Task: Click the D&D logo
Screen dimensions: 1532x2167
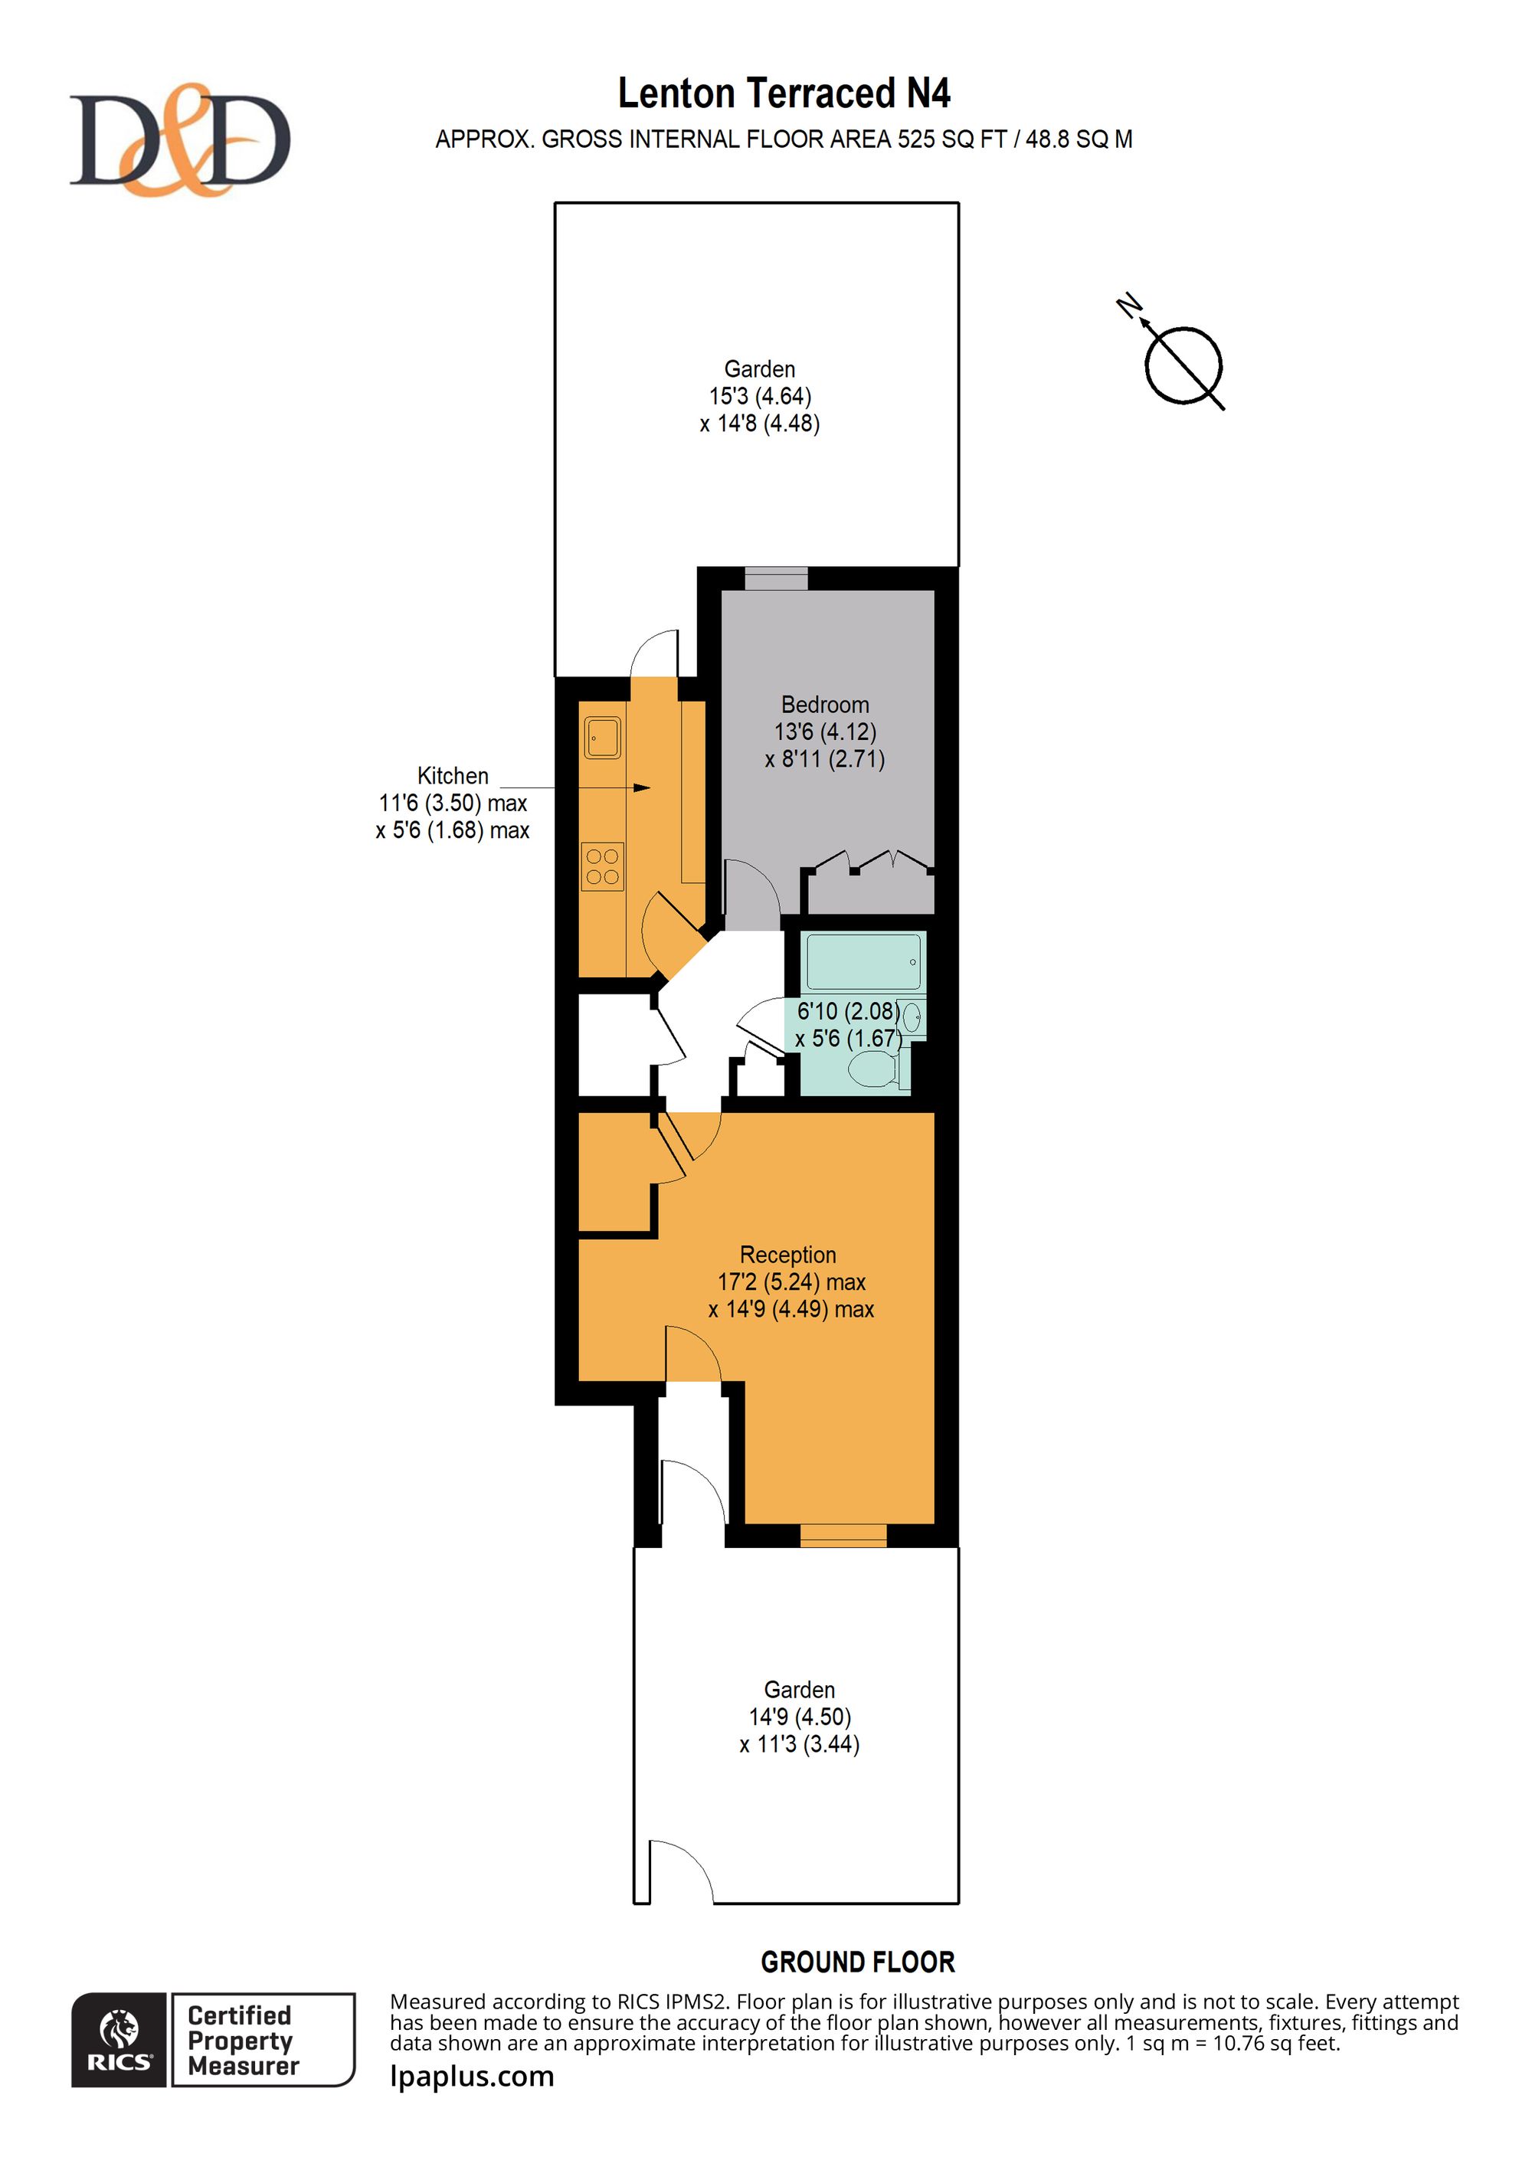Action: click(179, 139)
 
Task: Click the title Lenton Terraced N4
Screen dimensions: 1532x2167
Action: click(784, 93)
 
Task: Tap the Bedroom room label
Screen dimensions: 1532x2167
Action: click(825, 704)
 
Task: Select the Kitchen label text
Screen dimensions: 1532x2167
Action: click(453, 776)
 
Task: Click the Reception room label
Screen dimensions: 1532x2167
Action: click(788, 1255)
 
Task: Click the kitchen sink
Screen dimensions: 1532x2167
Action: click(602, 738)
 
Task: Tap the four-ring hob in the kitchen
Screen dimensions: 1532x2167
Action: click(602, 866)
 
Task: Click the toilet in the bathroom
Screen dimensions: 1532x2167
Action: click(877, 1069)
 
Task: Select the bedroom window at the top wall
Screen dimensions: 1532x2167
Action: click(776, 578)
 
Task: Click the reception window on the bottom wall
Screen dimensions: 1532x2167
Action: click(843, 1536)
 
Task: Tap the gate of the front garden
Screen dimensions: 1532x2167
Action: click(679, 1871)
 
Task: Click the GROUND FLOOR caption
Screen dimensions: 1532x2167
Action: click(858, 1962)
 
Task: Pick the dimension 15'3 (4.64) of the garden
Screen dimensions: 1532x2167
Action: click(760, 395)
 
